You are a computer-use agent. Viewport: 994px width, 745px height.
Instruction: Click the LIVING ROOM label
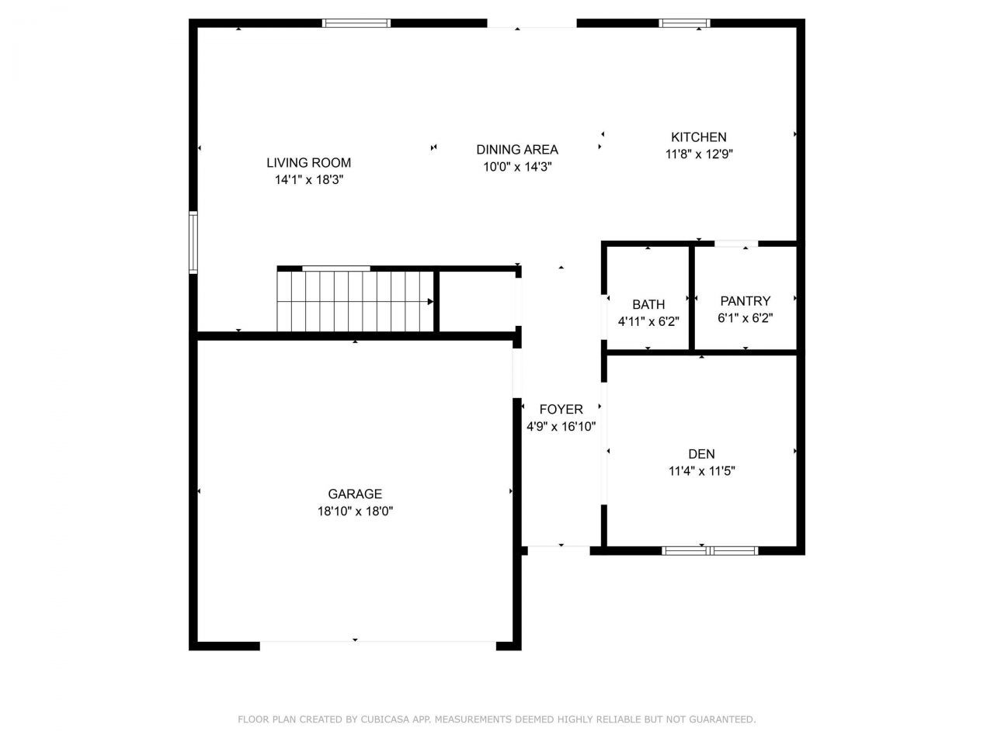pos(308,163)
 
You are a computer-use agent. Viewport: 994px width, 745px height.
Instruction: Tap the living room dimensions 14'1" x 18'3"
pos(308,180)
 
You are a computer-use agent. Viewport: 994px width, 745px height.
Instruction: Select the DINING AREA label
pos(517,150)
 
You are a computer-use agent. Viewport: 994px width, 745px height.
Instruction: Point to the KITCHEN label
pos(699,137)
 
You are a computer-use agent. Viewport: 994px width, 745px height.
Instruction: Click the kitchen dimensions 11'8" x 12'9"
pos(699,154)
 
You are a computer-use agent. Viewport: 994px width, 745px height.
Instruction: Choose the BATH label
pos(648,305)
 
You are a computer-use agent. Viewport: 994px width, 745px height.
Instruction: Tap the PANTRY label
pos(745,301)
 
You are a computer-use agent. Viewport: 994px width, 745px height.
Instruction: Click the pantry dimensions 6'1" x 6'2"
pos(745,318)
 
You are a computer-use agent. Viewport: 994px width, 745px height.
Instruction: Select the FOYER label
pos(561,410)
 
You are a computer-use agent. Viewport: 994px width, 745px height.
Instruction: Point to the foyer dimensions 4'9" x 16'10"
pos(561,426)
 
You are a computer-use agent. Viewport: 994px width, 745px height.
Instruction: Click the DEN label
pos(701,454)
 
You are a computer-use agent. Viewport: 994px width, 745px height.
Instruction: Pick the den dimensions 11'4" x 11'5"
pos(701,471)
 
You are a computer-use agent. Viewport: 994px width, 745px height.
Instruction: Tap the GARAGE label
pos(355,494)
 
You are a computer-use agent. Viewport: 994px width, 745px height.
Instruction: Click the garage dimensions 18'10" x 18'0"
pos(355,511)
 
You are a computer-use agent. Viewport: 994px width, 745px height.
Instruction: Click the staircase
pos(355,300)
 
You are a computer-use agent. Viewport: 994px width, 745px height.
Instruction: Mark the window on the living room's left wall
pos(193,243)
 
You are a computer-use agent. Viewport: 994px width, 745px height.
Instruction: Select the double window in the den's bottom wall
pos(709,551)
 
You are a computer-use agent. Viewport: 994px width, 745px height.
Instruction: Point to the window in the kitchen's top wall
pos(684,23)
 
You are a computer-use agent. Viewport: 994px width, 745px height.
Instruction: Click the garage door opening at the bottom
pos(378,643)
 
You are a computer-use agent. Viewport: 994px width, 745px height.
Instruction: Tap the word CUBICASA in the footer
pos(385,720)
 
